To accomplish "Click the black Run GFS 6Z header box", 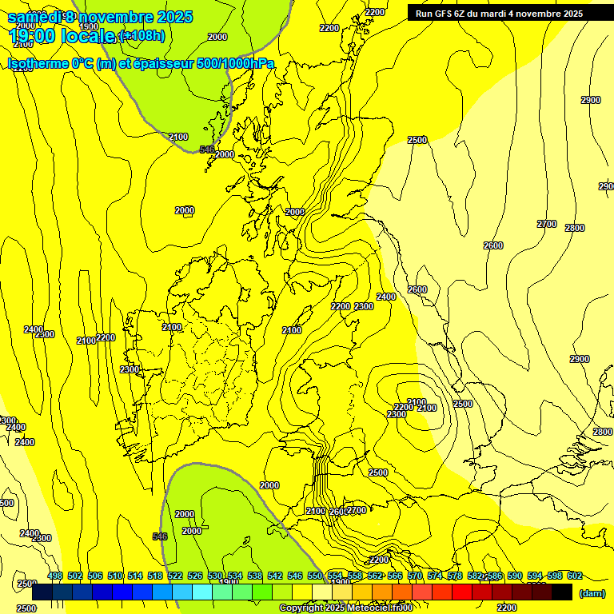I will click(499, 13).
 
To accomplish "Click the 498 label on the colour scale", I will click(55, 576).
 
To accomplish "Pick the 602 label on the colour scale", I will click(575, 576).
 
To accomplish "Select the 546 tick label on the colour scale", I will click(295, 576).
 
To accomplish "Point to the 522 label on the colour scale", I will click(175, 576).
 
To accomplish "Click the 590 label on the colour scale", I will click(515, 576).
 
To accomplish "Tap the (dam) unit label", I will click(592, 592).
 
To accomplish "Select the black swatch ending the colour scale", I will click(562, 592).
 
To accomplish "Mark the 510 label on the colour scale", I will click(115, 576).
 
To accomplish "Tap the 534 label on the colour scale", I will click(235, 576).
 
